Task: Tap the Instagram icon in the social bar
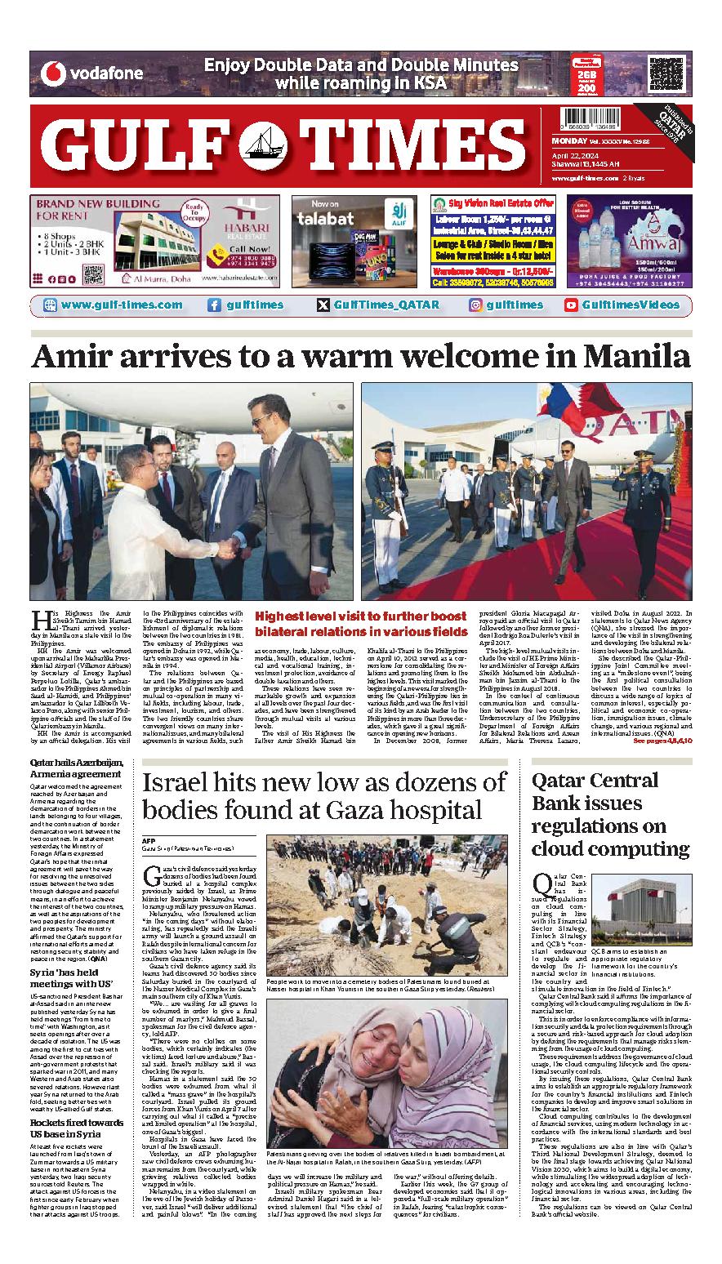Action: click(475, 305)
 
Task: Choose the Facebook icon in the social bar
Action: click(214, 305)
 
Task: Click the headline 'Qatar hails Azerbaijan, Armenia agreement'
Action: click(76, 768)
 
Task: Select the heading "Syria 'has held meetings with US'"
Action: click(71, 960)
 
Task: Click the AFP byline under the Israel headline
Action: click(149, 839)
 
